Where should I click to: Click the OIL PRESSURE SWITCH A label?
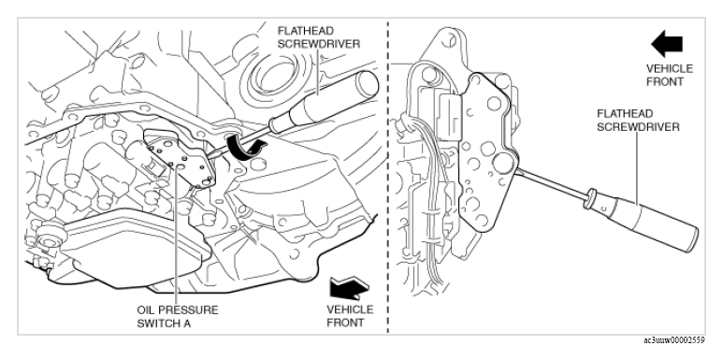178,316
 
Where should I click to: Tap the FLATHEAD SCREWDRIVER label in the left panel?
318,37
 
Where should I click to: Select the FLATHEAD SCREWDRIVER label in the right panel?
638,121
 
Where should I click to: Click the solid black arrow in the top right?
667,44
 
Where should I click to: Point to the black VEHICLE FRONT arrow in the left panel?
349,287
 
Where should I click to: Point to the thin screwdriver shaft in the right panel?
550,186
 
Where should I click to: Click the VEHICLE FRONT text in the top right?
670,75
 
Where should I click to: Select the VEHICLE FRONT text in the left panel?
350,316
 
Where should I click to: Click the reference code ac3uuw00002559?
674,340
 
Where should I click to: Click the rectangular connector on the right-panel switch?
449,115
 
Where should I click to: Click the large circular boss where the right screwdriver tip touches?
503,164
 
